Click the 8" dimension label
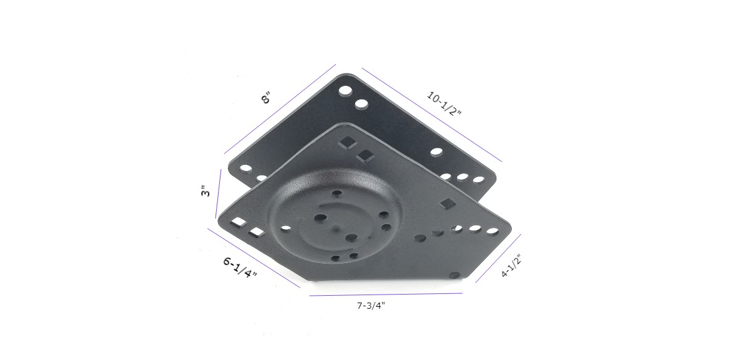coord(266,99)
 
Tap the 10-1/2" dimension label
coord(444,104)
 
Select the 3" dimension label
coord(206,191)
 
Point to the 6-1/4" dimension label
coord(240,267)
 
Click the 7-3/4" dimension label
coord(371,306)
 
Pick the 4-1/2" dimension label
coord(511,266)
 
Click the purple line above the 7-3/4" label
coord(386,295)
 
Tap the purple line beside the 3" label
coord(219,194)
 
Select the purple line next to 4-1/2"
coord(498,258)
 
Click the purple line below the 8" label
coord(280,109)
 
